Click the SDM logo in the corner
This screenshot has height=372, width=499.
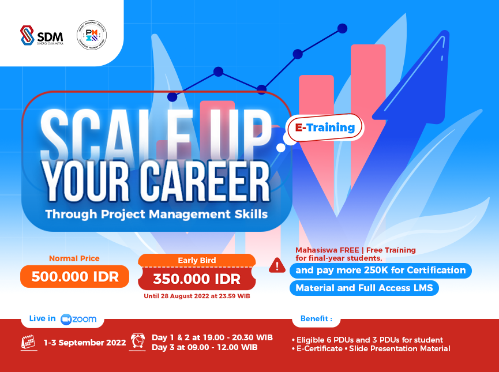(42, 35)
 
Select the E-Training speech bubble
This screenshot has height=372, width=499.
(325, 127)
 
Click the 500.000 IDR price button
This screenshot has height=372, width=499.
(75, 277)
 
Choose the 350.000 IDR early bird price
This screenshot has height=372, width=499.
(196, 280)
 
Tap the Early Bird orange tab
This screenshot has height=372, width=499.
(197, 260)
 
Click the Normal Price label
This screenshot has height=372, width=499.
(74, 258)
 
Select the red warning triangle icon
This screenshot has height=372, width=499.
(277, 265)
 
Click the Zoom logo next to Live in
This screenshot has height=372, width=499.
(78, 319)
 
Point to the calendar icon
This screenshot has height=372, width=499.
(29, 343)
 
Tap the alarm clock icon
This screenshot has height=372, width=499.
(138, 341)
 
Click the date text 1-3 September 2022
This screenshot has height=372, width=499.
(85, 343)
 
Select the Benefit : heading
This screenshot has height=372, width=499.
(316, 318)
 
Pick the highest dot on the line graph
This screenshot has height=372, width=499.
(342, 28)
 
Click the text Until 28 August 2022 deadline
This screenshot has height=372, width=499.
(196, 296)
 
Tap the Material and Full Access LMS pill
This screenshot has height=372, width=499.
(364, 288)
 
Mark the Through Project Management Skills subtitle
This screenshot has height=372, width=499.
(156, 214)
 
